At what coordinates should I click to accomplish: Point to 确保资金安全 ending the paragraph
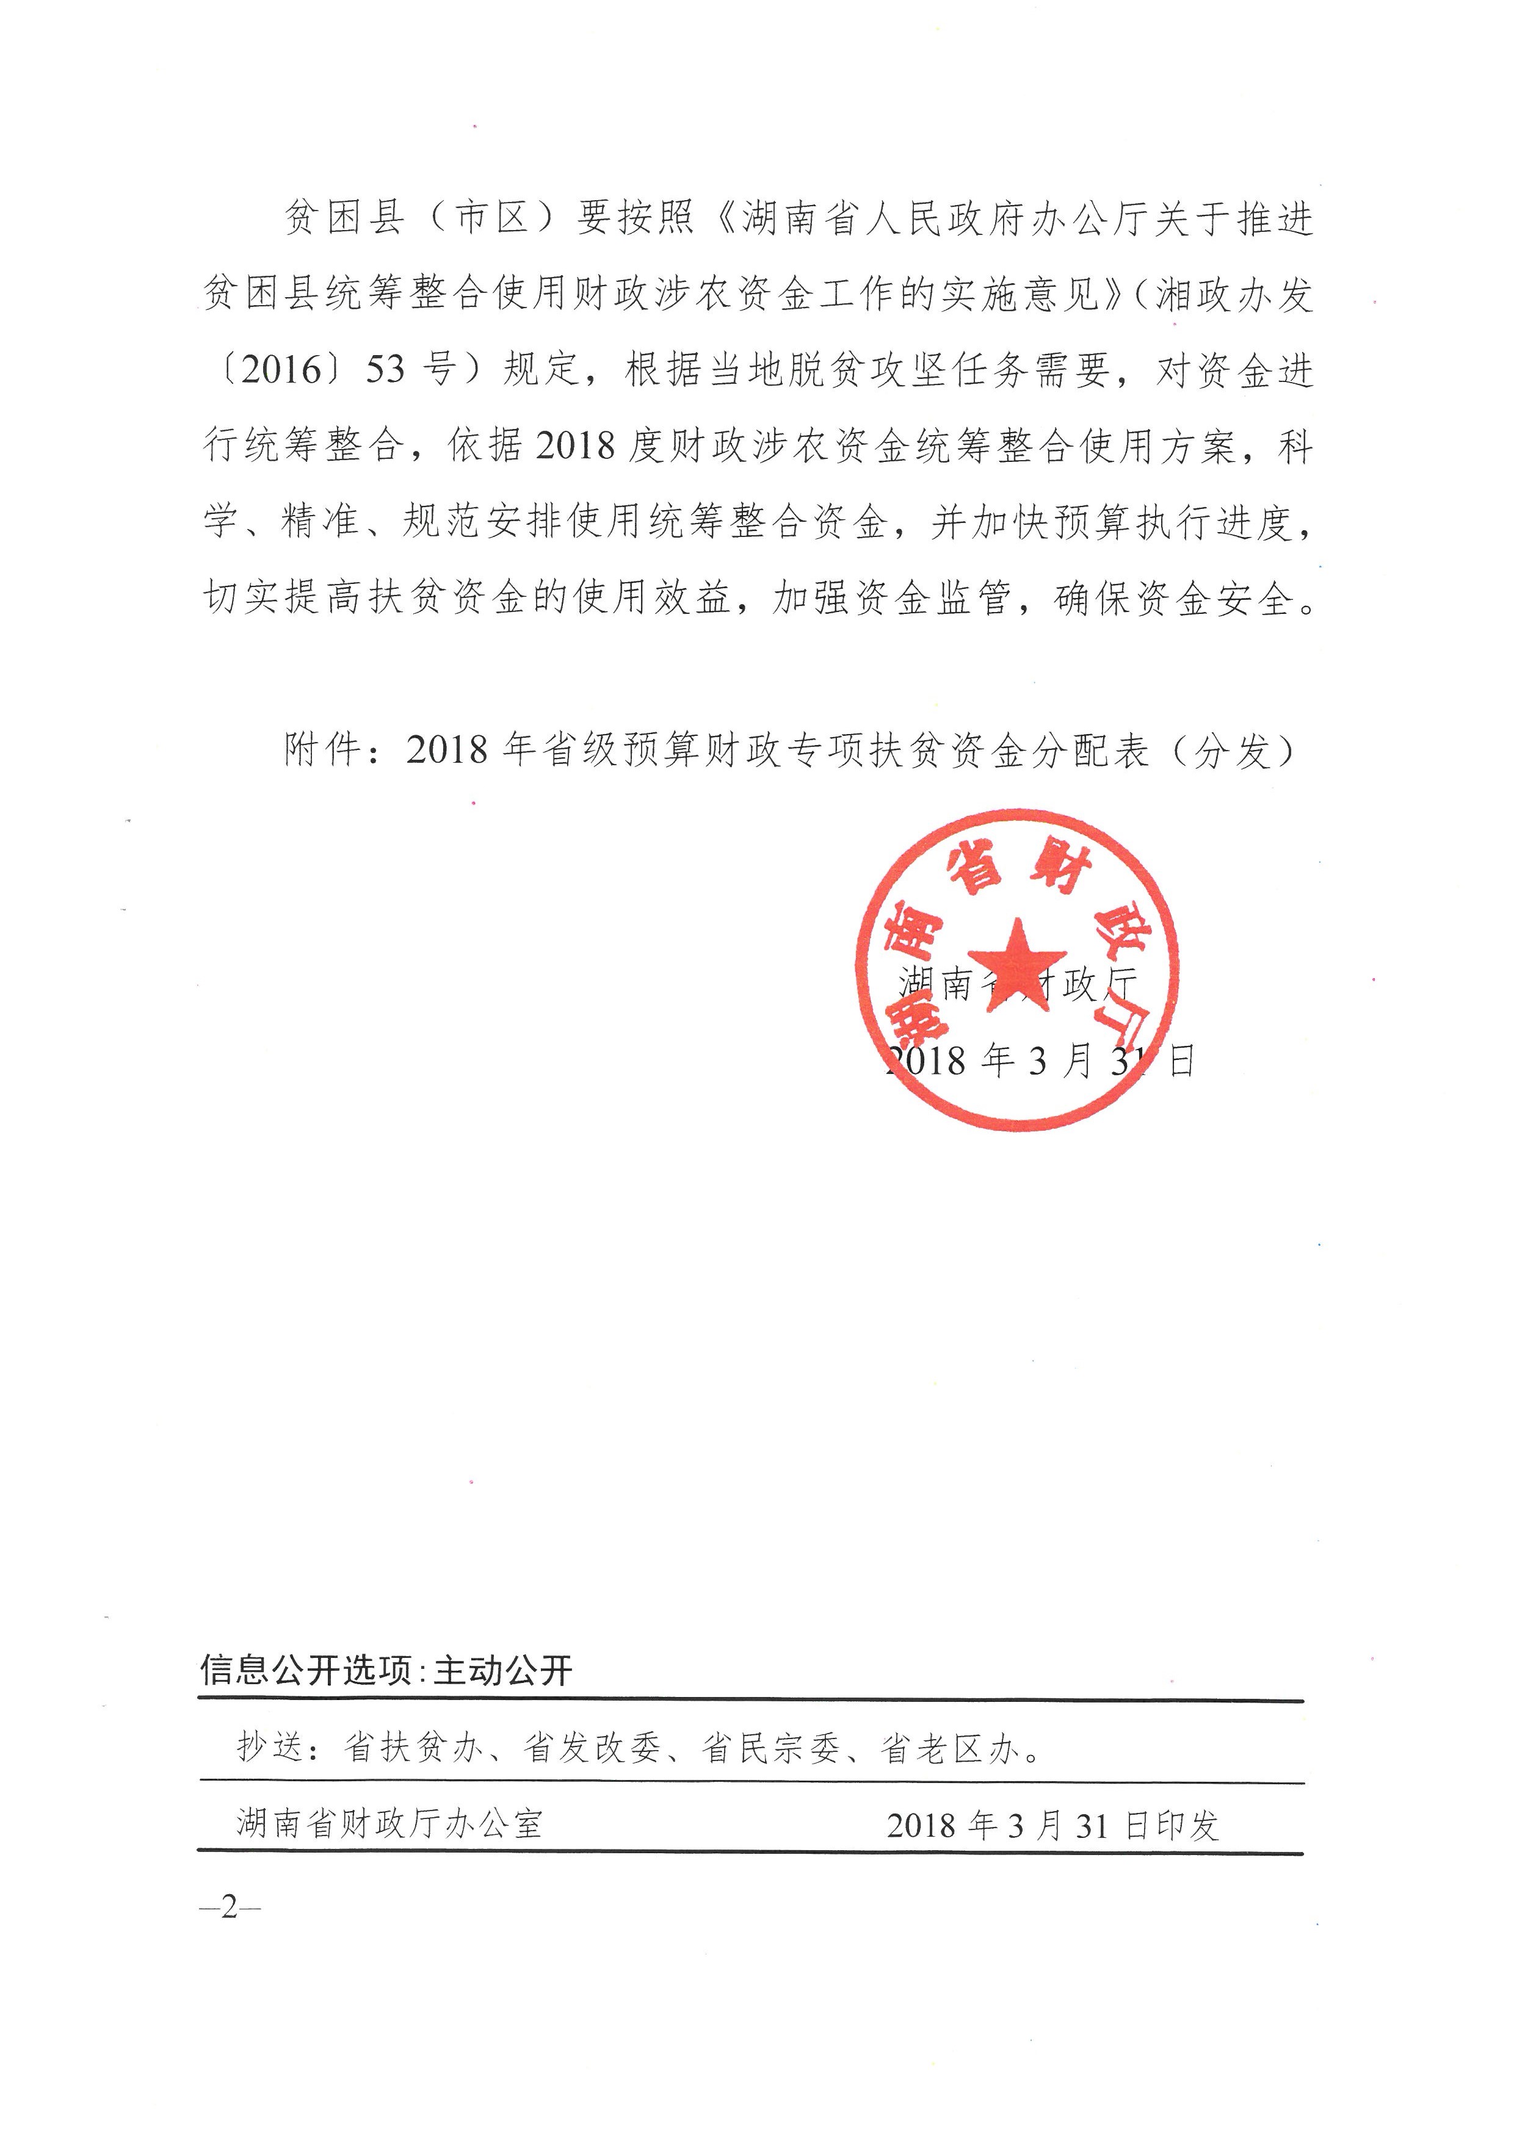(1175, 599)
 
